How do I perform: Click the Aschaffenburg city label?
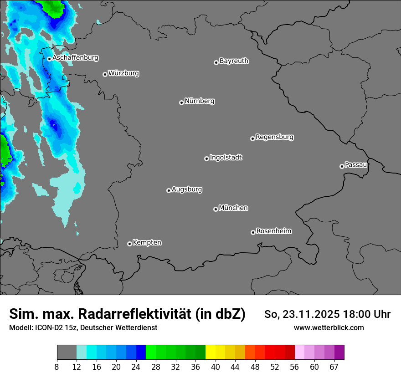pos(75,58)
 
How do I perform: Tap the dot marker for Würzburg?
pos(105,74)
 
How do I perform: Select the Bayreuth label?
pos(234,61)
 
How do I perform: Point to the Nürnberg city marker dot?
pos(181,102)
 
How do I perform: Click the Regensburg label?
pos(274,137)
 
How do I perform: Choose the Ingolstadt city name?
pos(226,158)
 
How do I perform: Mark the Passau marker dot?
pos(342,166)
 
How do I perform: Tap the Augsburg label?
pos(187,189)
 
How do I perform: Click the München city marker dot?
pos(216,209)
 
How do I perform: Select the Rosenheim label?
pos(273,231)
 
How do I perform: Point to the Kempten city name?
pos(147,242)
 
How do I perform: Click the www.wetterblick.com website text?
pos(329,327)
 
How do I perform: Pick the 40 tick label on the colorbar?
pos(216,366)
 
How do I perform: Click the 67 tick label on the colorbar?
pos(334,366)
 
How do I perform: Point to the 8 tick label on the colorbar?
pos(57,366)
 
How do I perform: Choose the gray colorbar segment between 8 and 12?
pos(67,352)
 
